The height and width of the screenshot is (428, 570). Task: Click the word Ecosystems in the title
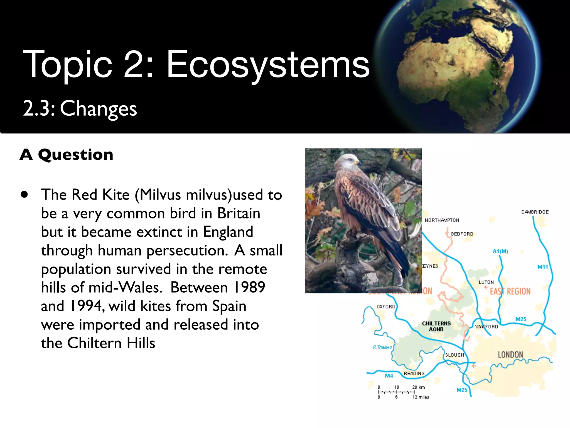pyautogui.click(x=268, y=65)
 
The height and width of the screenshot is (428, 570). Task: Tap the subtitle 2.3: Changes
pyautogui.click(x=80, y=109)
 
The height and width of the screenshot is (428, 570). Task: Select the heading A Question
pyautogui.click(x=67, y=155)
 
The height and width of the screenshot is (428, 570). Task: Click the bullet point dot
pyautogui.click(x=24, y=194)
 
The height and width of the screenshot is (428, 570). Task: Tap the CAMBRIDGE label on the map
pyautogui.click(x=535, y=212)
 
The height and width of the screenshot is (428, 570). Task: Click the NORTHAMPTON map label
pyautogui.click(x=442, y=220)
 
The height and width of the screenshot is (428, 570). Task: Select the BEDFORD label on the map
pyautogui.click(x=462, y=234)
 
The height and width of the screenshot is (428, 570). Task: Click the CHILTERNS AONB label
pyautogui.click(x=436, y=326)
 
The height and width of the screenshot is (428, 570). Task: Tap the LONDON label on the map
pyautogui.click(x=510, y=355)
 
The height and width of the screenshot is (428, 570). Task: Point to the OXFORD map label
pyautogui.click(x=386, y=307)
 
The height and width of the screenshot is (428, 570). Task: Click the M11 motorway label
pyautogui.click(x=542, y=267)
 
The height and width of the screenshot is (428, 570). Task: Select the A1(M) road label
pyautogui.click(x=500, y=251)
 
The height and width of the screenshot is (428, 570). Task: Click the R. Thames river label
pyautogui.click(x=382, y=347)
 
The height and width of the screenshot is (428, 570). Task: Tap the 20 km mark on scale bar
pyautogui.click(x=418, y=387)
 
